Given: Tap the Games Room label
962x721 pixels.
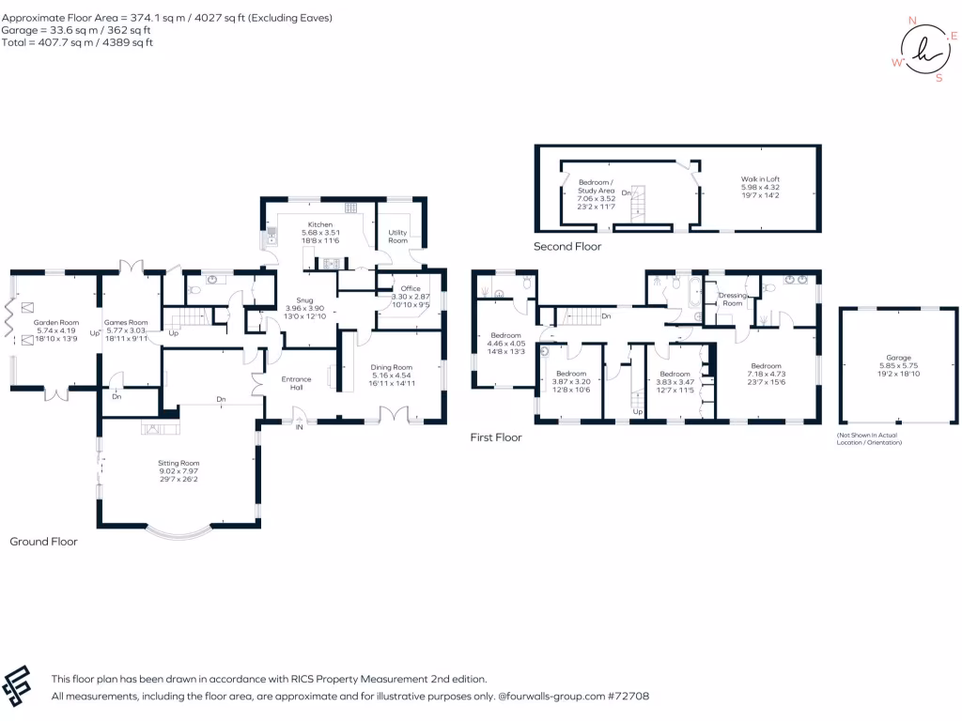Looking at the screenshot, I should (126, 322).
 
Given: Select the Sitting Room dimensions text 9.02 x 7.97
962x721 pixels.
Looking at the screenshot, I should (178, 471).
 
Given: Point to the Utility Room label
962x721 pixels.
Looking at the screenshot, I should (398, 236).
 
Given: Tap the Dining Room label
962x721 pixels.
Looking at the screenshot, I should (390, 367).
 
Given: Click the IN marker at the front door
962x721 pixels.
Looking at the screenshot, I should (300, 427).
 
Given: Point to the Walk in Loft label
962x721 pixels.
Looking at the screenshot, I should (760, 179).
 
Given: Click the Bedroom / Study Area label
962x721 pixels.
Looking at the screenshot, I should (596, 186).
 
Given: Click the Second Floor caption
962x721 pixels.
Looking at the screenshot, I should (567, 247).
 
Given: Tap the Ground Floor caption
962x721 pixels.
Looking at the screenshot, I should (43, 542).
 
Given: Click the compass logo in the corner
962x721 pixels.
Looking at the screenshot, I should (918, 49).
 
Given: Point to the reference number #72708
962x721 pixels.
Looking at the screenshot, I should (628, 697).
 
